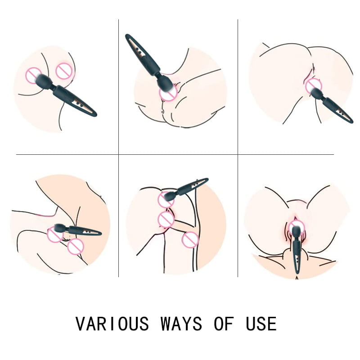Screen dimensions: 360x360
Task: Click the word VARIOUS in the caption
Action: (112, 324)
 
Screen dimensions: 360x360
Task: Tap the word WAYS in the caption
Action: (181, 324)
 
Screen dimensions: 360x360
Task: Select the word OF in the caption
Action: (224, 324)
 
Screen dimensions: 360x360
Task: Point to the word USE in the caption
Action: (261, 324)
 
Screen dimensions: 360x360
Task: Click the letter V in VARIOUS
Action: (81, 324)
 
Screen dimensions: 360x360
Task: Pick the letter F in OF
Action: (229, 324)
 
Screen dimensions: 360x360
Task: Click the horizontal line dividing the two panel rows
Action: (175, 154)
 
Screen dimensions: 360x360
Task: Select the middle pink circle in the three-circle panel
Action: (166, 220)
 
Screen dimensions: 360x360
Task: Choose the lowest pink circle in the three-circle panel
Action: (190, 240)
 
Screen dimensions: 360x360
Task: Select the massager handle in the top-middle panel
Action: (142, 54)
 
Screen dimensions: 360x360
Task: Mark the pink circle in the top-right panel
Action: (314, 86)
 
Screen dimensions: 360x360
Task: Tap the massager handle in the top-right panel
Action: (337, 110)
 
